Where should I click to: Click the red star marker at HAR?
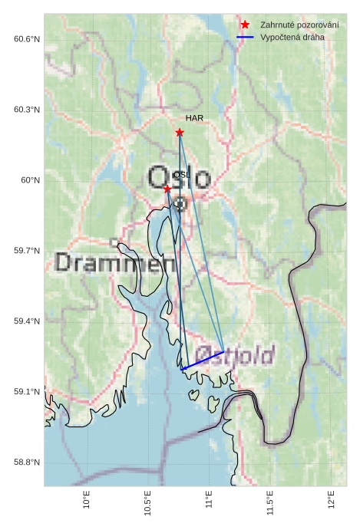[180, 132]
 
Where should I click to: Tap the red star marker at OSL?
[167, 189]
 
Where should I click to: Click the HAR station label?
[194, 119]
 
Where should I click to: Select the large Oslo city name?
[179, 178]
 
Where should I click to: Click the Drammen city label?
[114, 263]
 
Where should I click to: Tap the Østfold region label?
[234, 355]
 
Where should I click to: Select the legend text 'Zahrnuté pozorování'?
[299, 25]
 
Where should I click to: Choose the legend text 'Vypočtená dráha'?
[292, 37]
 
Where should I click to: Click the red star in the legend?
[245, 25]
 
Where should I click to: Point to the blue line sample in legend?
[245, 37]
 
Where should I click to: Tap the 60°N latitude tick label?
[30, 180]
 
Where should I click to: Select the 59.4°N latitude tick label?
[27, 321]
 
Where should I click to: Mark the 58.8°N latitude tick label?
[27, 463]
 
